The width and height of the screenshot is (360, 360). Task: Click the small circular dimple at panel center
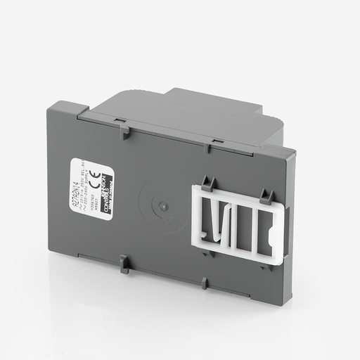pos(162,206)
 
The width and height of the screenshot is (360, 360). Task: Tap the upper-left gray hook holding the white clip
pos(207,184)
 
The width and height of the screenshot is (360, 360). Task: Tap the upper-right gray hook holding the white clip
pos(266,195)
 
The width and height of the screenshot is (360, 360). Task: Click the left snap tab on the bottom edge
pos(124,264)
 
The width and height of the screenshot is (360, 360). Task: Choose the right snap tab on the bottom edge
pos(205,283)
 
